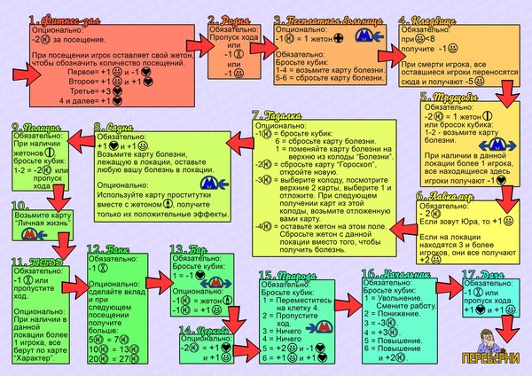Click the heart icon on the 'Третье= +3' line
[116, 90]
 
